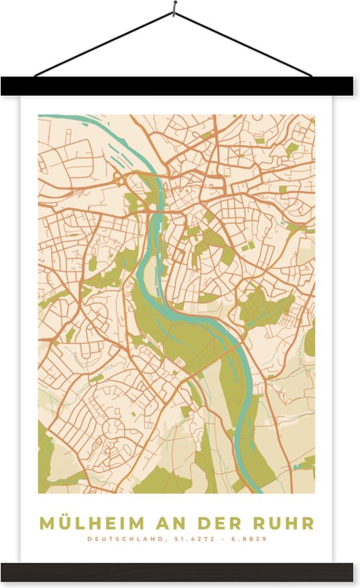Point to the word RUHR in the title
(x=284, y=523)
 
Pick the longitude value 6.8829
(x=249, y=539)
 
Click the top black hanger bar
(x=180, y=86)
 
